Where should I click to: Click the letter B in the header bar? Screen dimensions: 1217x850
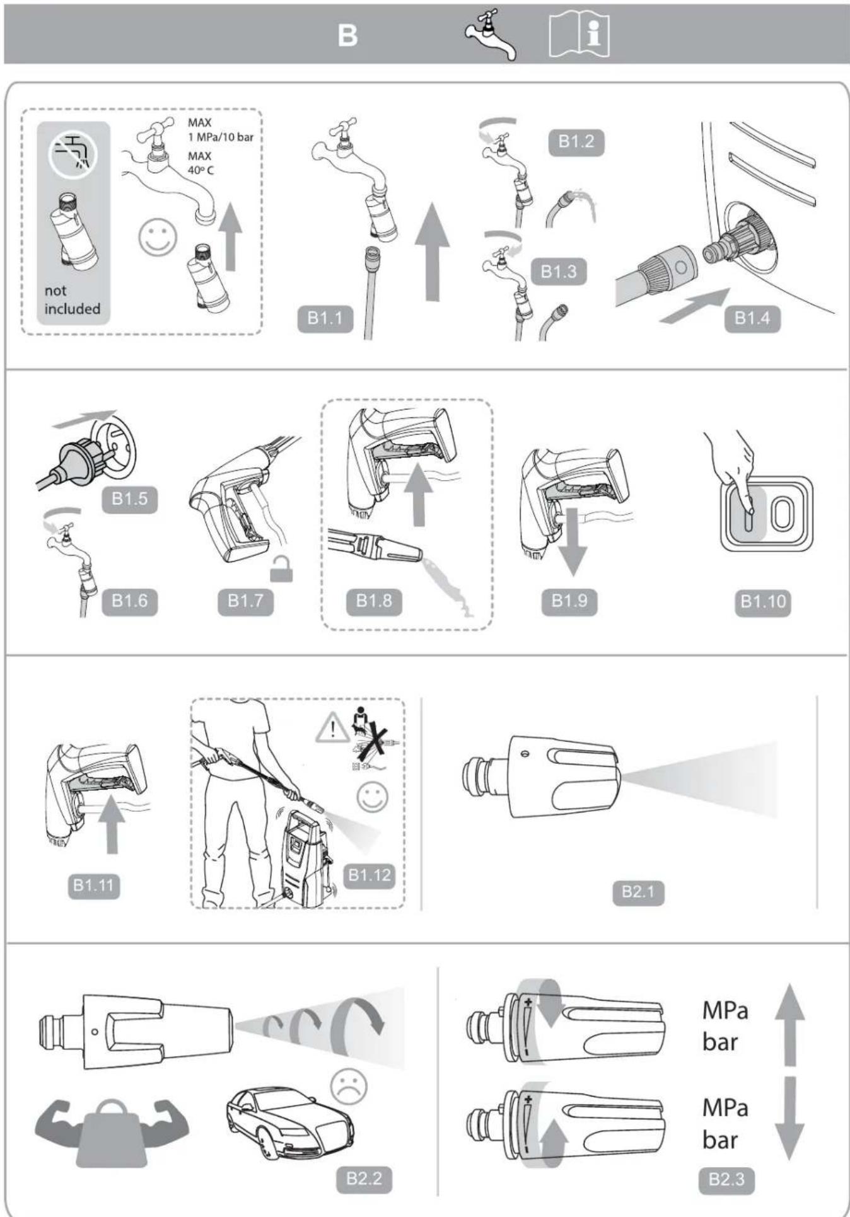tap(347, 35)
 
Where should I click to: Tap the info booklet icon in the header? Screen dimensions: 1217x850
tap(579, 35)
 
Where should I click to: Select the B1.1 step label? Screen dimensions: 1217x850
tap(325, 319)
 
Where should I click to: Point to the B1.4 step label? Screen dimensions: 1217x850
tap(752, 318)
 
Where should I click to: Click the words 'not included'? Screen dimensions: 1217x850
tap(72, 300)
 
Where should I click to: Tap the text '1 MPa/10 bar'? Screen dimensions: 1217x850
tap(220, 137)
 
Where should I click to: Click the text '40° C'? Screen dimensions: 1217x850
tap(201, 170)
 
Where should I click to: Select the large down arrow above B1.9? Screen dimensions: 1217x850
tap(573, 542)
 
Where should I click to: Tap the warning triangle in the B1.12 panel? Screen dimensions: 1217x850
tap(332, 729)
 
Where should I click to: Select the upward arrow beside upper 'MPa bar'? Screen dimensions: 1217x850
tap(789, 1025)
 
